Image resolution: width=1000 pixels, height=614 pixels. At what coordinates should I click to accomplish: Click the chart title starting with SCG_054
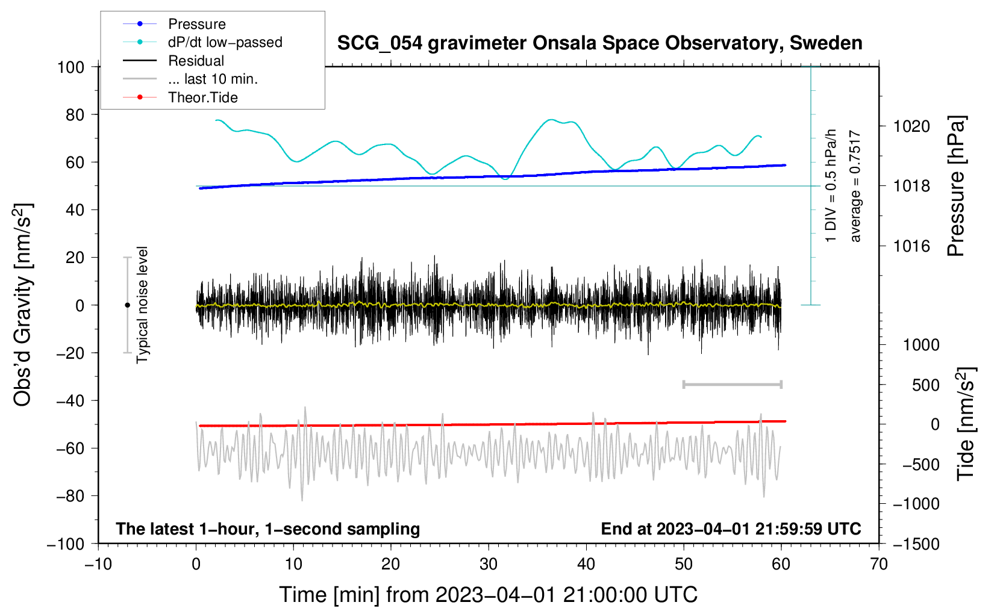[599, 43]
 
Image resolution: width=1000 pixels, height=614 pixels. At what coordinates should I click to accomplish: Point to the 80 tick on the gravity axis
[75, 115]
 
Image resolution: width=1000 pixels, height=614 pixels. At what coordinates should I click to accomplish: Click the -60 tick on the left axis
[70, 448]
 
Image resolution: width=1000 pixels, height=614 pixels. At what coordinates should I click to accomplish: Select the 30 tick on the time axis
[489, 564]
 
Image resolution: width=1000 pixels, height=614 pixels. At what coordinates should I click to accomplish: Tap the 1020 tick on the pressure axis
[911, 127]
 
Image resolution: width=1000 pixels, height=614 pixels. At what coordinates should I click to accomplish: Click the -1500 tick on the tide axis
[916, 544]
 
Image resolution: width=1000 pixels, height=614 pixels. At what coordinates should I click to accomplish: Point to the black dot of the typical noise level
[127, 305]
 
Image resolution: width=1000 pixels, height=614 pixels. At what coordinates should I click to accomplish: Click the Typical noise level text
[142, 305]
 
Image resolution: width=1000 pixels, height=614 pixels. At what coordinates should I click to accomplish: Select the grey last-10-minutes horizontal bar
[732, 385]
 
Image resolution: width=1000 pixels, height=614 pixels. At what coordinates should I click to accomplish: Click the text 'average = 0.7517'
[854, 187]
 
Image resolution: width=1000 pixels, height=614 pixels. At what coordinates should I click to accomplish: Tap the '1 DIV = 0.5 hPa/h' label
[830, 186]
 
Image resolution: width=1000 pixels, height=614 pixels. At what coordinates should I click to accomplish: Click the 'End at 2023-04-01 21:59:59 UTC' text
[731, 529]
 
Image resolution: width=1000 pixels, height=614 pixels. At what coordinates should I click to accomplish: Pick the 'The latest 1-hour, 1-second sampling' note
[268, 529]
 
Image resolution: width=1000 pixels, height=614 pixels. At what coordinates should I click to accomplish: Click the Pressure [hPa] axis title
[956, 186]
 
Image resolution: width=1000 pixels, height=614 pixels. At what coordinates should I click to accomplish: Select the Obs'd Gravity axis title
[22, 305]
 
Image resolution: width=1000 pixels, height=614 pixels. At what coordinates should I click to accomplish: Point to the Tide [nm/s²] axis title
[966, 424]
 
